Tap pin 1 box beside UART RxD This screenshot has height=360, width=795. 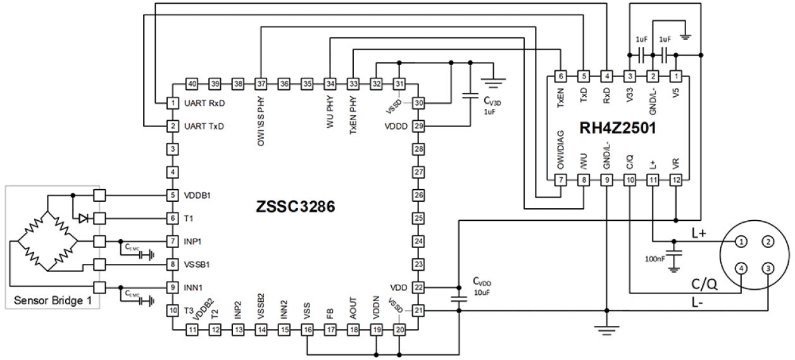[x=172, y=102]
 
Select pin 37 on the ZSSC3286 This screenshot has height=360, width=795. [x=261, y=84]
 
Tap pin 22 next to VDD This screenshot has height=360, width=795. [x=418, y=287]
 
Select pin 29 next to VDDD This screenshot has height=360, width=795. [x=418, y=126]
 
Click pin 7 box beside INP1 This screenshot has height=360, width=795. [x=172, y=242]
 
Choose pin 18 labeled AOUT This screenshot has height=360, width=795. [x=353, y=329]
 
